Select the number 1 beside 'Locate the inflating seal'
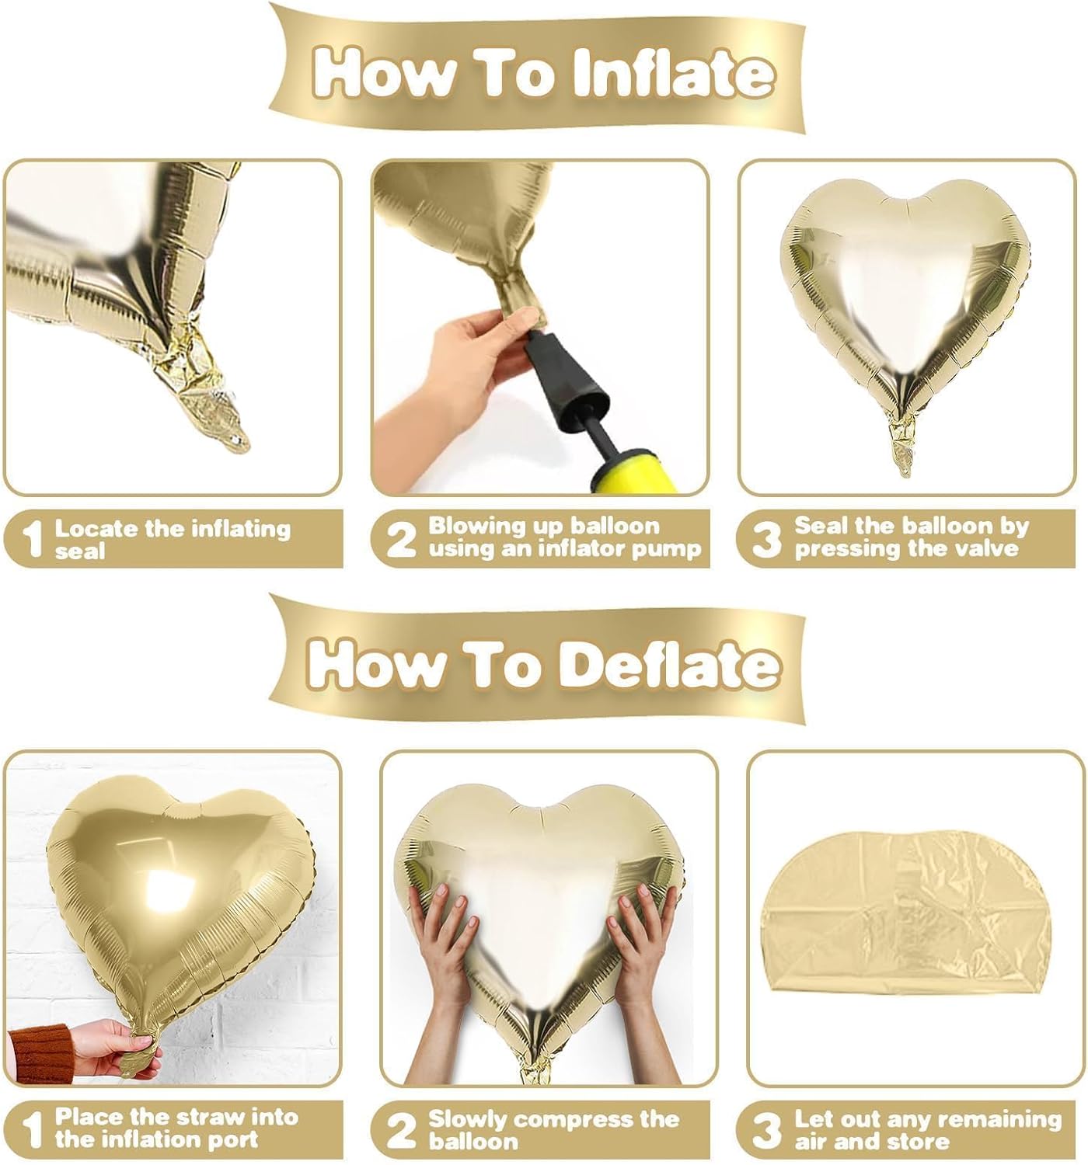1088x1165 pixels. [x=32, y=540]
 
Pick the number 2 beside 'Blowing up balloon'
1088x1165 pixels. [x=401, y=539]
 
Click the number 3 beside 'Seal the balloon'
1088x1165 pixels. [x=766, y=539]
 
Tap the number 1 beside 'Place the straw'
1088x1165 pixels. [x=32, y=1130]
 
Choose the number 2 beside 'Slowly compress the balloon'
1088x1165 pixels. [x=401, y=1130]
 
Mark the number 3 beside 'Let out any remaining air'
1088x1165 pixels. [x=766, y=1130]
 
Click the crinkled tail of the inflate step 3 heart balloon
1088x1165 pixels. [x=904, y=446]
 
